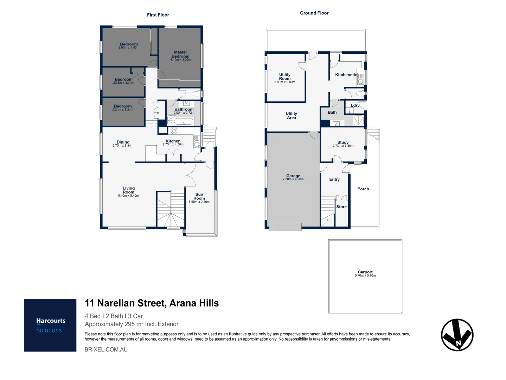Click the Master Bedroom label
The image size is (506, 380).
click(x=180, y=54)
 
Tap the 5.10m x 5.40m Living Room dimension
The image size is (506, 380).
click(x=128, y=196)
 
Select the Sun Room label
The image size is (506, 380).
click(x=199, y=196)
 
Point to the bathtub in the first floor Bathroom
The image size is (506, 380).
click(x=183, y=122)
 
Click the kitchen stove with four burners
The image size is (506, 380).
click(x=174, y=131)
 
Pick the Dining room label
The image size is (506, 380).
click(x=123, y=142)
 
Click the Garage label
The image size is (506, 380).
click(x=293, y=176)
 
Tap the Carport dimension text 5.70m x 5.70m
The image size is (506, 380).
click(x=365, y=275)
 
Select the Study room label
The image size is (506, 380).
click(x=343, y=142)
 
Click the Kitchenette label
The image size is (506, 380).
click(x=346, y=75)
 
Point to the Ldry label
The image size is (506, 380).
click(x=355, y=105)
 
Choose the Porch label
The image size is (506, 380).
click(x=363, y=189)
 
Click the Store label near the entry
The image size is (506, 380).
click(x=341, y=207)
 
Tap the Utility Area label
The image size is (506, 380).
click(x=291, y=115)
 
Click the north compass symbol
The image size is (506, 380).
click(x=457, y=335)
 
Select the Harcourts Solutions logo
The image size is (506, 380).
click(x=50, y=325)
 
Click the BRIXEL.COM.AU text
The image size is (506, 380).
click(x=106, y=349)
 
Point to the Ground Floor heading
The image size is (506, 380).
click(x=314, y=13)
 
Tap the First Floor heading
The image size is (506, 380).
click(x=158, y=15)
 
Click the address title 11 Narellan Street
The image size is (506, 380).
click(x=152, y=303)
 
